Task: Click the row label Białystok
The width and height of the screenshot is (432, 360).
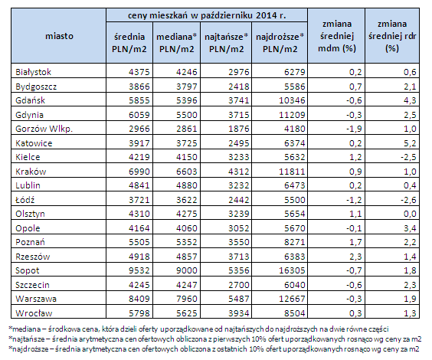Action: tap(34, 72)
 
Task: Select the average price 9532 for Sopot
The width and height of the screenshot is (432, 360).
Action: tap(139, 270)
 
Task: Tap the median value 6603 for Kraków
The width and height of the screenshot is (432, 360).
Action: tap(187, 172)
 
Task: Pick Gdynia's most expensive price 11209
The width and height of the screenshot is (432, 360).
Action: tap(292, 115)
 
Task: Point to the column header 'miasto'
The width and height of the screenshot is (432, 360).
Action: tap(59, 36)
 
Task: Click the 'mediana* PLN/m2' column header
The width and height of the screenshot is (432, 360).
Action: tap(177, 43)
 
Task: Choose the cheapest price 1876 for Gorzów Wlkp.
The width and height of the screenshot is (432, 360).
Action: tap(238, 129)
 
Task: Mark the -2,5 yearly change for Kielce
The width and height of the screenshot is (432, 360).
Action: tap(408, 157)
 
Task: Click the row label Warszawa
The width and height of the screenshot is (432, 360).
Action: tap(36, 299)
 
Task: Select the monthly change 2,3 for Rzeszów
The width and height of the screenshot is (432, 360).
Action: tap(355, 257)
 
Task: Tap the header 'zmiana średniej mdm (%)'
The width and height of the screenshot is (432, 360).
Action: tap(337, 36)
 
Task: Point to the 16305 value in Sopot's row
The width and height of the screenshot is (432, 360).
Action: tap(292, 270)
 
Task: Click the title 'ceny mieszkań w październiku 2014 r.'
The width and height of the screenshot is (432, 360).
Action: tap(207, 15)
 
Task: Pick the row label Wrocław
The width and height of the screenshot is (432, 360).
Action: tap(34, 313)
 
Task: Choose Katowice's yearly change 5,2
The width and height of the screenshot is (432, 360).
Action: tap(410, 143)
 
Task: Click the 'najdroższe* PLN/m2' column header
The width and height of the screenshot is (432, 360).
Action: tap(280, 43)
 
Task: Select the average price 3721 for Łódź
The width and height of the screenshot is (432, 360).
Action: tap(139, 200)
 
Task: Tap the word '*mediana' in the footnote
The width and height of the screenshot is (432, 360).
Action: tap(23, 329)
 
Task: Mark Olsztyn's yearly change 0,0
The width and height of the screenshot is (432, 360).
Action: tap(410, 214)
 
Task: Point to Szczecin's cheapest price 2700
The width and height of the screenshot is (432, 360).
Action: tap(238, 285)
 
